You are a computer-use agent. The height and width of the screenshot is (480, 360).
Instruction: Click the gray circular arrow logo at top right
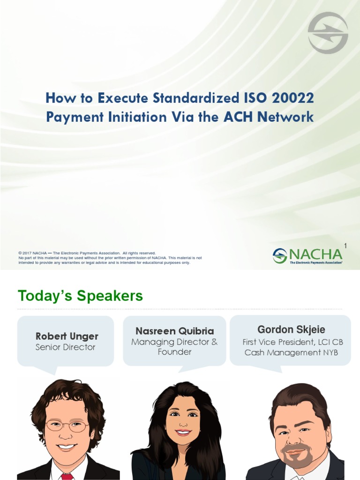328,33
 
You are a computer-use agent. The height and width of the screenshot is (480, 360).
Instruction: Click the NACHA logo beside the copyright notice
307,256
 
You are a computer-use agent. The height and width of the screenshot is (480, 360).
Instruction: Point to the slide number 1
345,246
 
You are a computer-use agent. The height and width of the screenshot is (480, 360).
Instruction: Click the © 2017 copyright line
87,253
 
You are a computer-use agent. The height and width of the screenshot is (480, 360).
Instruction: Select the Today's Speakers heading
80,296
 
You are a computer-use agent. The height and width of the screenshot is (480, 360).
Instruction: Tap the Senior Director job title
65,347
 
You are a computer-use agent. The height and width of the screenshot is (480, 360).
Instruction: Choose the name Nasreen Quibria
174,331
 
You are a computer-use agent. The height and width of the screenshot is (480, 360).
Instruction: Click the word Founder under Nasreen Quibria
174,352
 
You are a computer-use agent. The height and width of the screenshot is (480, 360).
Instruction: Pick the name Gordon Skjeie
291,330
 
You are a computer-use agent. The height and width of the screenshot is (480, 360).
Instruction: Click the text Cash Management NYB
291,352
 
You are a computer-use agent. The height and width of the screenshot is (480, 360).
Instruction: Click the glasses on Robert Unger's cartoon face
67,426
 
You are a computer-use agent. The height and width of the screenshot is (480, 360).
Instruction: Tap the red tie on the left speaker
67,476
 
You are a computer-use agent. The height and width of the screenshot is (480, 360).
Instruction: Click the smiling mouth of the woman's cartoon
183,432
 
